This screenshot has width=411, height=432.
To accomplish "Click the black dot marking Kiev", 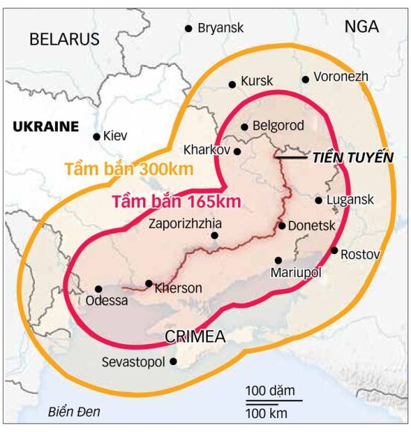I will (97, 136).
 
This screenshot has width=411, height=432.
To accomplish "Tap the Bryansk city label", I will (220, 28).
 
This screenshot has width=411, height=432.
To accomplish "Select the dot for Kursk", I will (232, 84).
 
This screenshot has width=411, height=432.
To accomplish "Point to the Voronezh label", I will (341, 77).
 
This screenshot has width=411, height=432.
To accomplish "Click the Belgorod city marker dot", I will (244, 127).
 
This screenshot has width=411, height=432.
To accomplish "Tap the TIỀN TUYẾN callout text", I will (352, 156).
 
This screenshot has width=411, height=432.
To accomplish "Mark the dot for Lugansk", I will (319, 200).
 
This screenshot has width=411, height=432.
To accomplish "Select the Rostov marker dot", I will (334, 250).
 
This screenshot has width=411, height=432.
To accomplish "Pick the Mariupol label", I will (296, 273).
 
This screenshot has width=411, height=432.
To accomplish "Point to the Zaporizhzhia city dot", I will (214, 235).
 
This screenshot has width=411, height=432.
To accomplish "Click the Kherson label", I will (178, 288).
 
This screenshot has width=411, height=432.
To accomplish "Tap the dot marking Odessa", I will (98, 289).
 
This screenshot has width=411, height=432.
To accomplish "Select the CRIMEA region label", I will (195, 335).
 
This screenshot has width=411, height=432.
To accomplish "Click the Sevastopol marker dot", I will (173, 362).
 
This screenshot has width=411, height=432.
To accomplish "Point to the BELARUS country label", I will (64, 39).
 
